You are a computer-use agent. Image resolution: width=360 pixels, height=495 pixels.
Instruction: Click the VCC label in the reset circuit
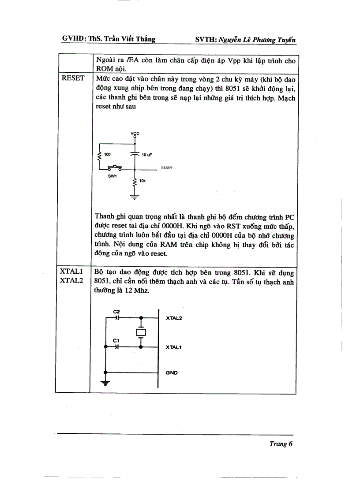tap(135, 133)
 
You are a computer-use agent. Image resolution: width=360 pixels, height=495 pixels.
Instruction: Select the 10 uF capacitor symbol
tap(135, 154)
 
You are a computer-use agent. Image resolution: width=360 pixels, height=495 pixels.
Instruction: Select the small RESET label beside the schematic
tap(167, 168)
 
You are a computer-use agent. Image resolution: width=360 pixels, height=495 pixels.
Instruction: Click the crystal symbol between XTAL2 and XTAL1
tap(141, 332)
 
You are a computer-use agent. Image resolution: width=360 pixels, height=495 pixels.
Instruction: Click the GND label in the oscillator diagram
tap(172, 372)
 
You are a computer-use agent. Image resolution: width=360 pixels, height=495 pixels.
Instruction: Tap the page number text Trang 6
tap(281, 444)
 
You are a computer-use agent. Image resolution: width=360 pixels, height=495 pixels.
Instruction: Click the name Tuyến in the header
tap(285, 40)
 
